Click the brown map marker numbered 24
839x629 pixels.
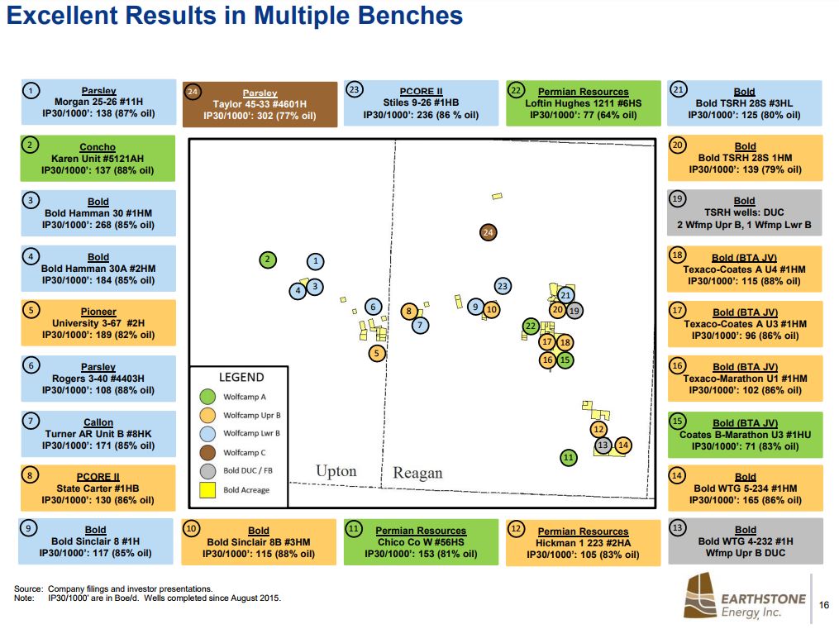click(x=489, y=232)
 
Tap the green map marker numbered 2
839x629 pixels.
click(x=268, y=260)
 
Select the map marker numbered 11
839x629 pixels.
click(x=568, y=457)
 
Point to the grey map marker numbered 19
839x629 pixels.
click(x=575, y=310)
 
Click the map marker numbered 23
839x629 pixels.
click(x=503, y=286)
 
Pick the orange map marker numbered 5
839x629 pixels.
click(x=377, y=353)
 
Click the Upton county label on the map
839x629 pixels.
click(x=336, y=471)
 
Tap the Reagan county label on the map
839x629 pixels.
click(x=417, y=473)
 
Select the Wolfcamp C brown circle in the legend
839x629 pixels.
click(x=207, y=452)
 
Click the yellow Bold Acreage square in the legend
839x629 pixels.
click(x=207, y=490)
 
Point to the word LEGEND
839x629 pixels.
click(x=241, y=377)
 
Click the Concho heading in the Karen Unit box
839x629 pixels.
click(x=98, y=147)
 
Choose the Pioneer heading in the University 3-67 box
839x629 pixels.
click(x=98, y=312)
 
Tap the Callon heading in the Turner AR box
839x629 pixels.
click(x=98, y=422)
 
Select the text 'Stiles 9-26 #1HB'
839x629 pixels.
click(x=422, y=103)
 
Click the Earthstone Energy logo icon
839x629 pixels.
click(x=699, y=597)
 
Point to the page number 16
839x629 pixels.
click(x=824, y=605)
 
